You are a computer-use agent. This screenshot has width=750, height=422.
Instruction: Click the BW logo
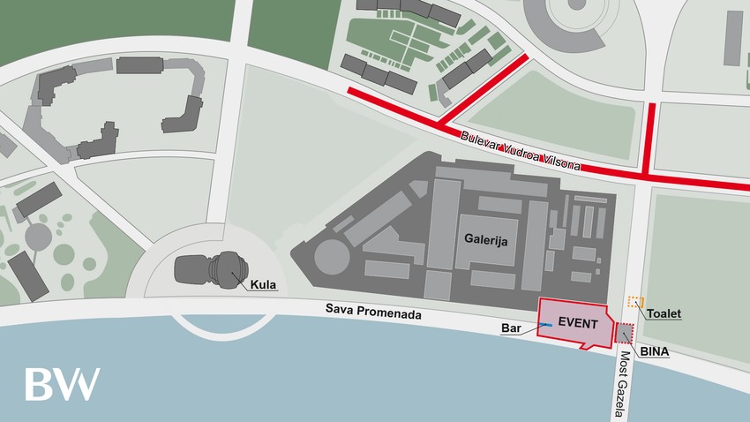(x=62, y=384)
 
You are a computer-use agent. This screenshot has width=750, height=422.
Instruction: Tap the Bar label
(x=512, y=328)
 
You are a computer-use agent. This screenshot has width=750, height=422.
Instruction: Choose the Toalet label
(x=664, y=313)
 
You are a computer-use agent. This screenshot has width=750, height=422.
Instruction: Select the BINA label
(x=655, y=351)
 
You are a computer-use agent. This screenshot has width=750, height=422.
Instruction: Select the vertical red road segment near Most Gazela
(x=651, y=138)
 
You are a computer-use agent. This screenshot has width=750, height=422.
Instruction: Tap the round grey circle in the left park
(x=38, y=236)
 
